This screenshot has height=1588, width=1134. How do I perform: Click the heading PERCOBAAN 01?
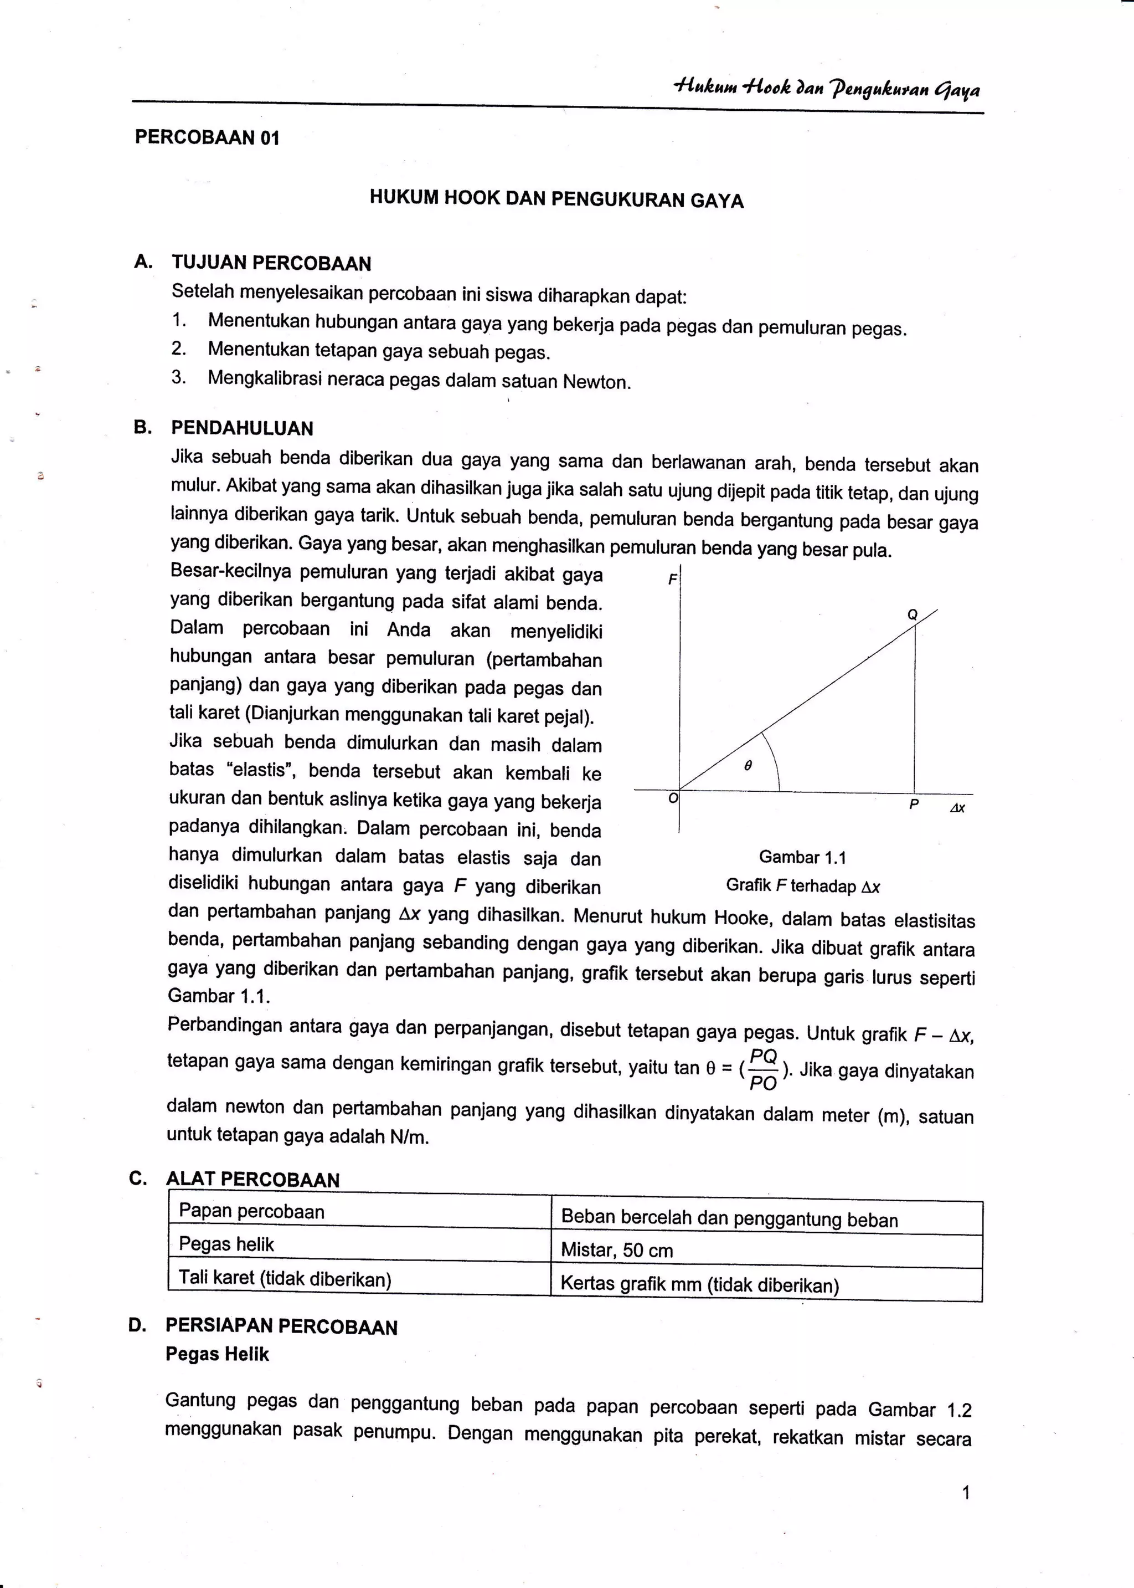tap(207, 137)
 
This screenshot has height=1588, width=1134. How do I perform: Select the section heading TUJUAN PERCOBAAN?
tap(272, 263)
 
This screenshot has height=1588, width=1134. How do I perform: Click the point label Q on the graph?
tap(912, 615)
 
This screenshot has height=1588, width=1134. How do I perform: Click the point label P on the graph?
tap(913, 805)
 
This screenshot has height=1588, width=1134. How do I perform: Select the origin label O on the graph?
tap(672, 798)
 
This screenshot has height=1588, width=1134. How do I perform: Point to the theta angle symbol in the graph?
tap(748, 766)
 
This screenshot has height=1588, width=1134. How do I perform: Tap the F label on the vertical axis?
tap(672, 579)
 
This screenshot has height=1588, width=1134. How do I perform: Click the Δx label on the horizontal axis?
tap(957, 808)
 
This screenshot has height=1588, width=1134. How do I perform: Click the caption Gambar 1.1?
tap(802, 857)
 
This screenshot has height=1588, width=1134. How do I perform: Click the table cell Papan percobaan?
tap(251, 1211)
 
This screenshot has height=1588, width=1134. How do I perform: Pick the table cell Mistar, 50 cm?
tap(617, 1250)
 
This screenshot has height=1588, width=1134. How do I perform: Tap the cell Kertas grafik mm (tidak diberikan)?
tap(699, 1284)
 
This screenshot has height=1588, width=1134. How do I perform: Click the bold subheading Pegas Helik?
tap(217, 1354)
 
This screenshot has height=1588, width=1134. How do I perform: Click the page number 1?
tap(966, 1493)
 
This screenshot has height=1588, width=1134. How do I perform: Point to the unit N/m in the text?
tap(409, 1136)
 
